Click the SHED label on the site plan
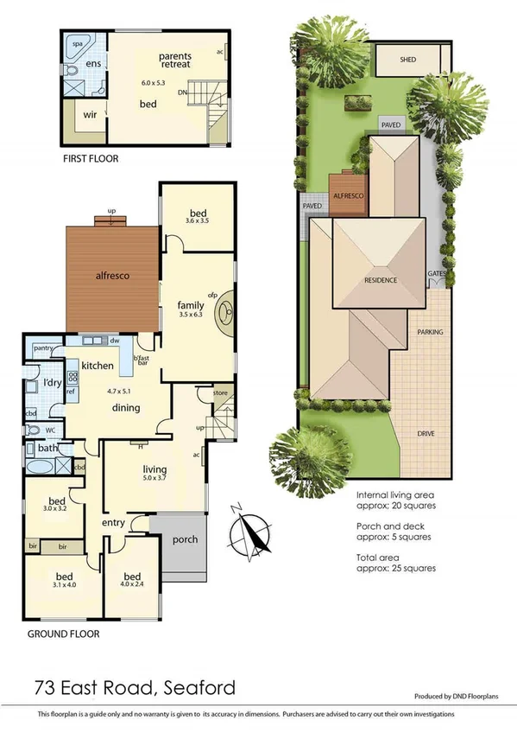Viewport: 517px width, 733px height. pyautogui.click(x=408, y=61)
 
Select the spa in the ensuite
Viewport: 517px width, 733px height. pyautogui.click(x=77, y=41)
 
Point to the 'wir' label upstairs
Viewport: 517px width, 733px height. pyautogui.click(x=90, y=113)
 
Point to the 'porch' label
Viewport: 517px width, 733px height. pyautogui.click(x=185, y=539)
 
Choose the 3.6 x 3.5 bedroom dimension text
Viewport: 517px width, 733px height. pyautogui.click(x=198, y=221)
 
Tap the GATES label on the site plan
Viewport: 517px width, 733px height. pyautogui.click(x=436, y=276)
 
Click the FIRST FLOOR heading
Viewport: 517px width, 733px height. pyautogui.click(x=91, y=159)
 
